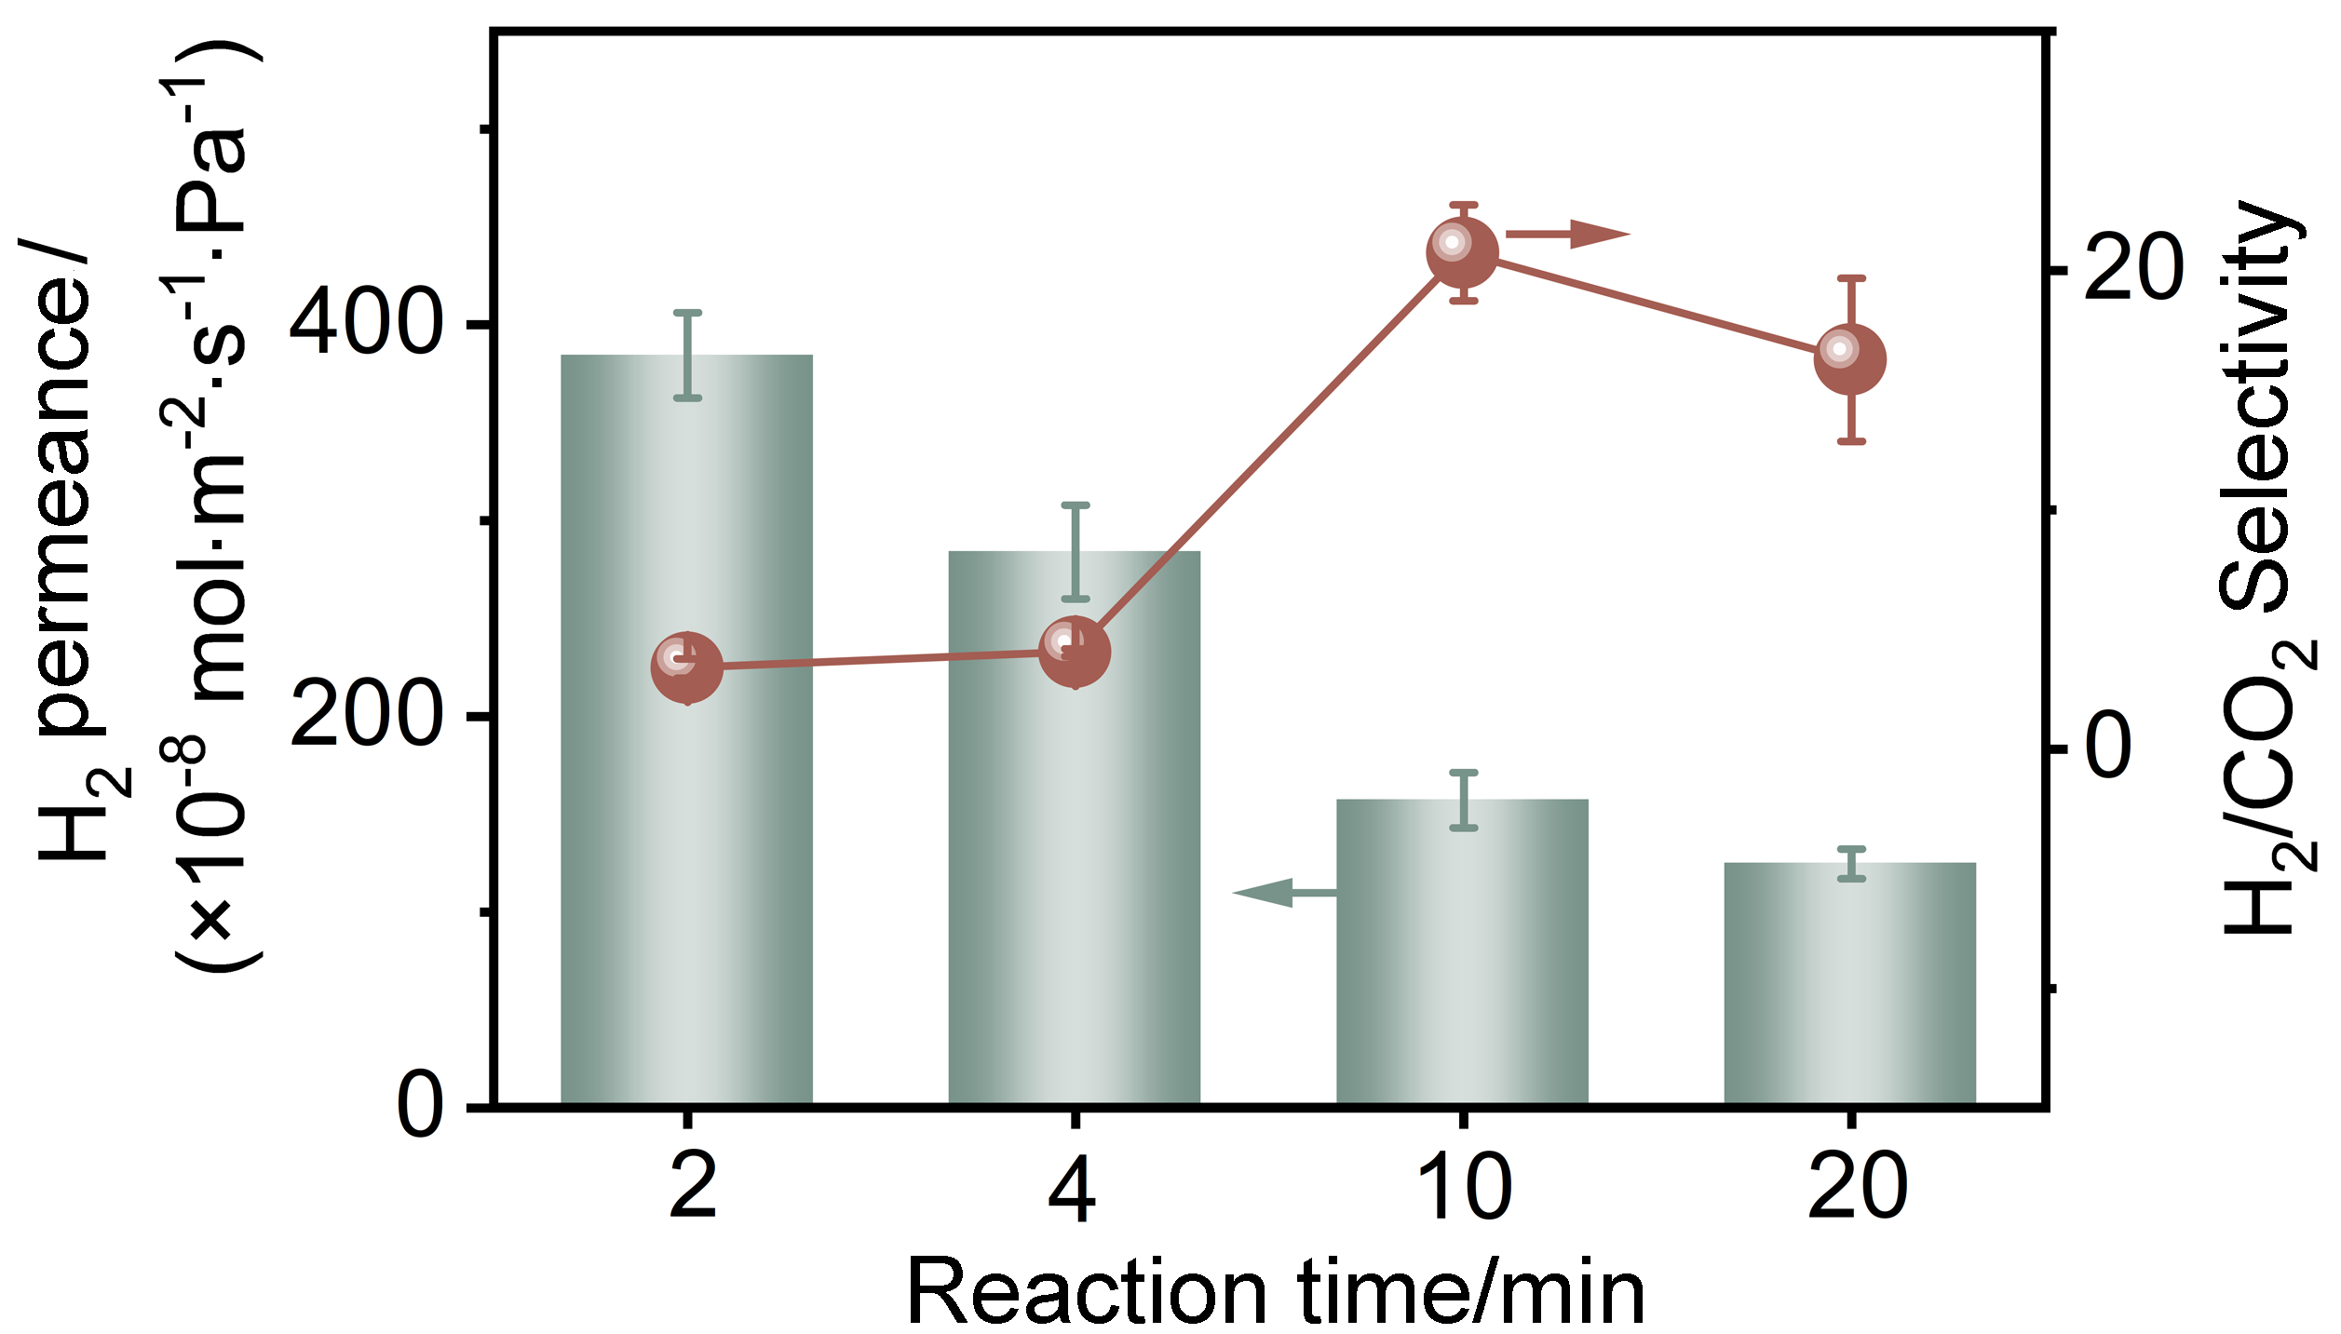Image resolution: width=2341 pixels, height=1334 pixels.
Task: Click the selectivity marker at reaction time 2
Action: (x=686, y=667)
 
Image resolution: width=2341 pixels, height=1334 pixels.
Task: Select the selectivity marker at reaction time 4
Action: (x=1074, y=652)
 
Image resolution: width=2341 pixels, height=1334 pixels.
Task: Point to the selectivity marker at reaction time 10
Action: (x=1462, y=253)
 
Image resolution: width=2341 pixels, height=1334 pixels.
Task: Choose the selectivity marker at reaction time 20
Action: (x=1850, y=359)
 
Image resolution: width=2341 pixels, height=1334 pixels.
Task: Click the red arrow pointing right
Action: (x=1568, y=234)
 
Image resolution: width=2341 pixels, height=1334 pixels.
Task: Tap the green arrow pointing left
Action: (x=1285, y=893)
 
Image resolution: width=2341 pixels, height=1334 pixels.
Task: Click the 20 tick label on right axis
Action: (x=2132, y=271)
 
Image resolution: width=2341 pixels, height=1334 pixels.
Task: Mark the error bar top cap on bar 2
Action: (x=686, y=313)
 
